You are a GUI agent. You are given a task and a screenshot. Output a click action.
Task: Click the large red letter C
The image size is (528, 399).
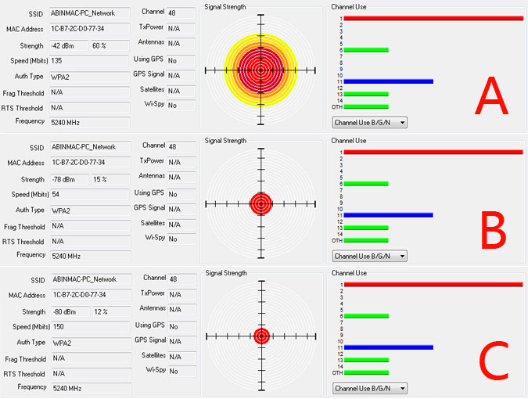(494, 361)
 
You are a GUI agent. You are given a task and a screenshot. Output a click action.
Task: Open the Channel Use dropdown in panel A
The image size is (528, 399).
(369, 122)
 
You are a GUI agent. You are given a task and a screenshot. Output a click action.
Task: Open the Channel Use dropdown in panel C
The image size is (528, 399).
(369, 388)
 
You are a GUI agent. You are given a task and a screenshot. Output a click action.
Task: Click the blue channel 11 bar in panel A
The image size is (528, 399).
(388, 81)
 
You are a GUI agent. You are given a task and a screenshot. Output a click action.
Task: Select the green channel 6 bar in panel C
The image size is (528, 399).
(366, 316)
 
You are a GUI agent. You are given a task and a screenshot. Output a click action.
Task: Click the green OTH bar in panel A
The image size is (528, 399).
(366, 106)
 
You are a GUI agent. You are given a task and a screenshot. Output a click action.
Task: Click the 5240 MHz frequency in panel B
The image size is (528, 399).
(68, 255)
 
